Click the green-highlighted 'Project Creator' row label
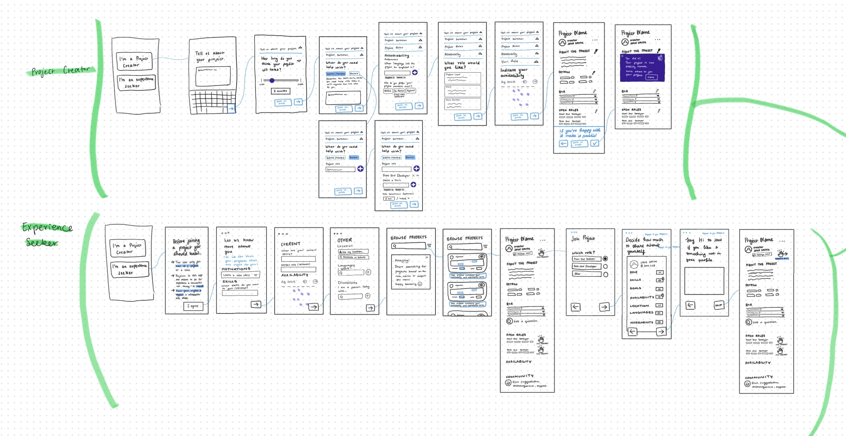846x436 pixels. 61,71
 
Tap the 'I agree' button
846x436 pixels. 193,306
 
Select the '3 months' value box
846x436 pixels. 280,91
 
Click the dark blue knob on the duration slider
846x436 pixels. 272,80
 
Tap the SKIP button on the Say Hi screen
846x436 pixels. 718,305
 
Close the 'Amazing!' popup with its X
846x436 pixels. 427,258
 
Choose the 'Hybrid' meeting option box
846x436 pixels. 411,91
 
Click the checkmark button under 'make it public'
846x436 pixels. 595,143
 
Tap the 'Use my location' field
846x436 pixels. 353,252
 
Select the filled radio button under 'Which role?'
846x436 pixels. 605,259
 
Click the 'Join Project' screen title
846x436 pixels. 583,239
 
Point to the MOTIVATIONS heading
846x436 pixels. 236,269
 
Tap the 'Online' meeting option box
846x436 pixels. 388,91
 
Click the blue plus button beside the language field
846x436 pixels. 415,73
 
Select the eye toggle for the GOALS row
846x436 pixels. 659,289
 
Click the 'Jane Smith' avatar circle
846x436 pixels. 634,264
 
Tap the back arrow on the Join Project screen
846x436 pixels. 575,307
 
